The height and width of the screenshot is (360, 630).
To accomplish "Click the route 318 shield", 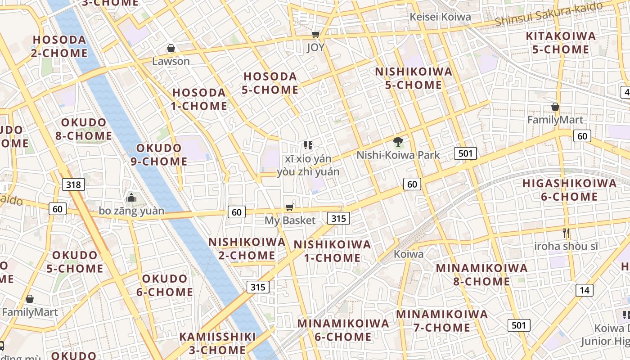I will [x=73, y=184].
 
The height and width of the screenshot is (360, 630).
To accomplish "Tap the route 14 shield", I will [x=584, y=290].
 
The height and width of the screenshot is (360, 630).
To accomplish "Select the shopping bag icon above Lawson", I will [x=171, y=48].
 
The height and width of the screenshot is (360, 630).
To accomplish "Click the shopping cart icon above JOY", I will [x=316, y=35].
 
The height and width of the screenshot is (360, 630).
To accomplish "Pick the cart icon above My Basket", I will [x=290, y=207].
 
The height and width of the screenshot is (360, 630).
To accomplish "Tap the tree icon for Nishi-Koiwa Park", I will [x=398, y=142].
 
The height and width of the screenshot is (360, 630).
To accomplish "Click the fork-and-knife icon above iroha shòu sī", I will [x=566, y=233].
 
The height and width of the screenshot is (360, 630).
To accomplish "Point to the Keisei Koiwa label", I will [x=440, y=17].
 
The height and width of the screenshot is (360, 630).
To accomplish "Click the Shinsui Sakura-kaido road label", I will [x=548, y=14].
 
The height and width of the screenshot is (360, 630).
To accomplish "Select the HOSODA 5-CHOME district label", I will [x=270, y=83].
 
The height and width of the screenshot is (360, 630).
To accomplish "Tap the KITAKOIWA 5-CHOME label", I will [x=561, y=43].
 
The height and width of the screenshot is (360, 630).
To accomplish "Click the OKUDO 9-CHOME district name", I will [x=159, y=154].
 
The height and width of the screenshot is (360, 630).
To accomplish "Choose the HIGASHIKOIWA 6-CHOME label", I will [x=569, y=190].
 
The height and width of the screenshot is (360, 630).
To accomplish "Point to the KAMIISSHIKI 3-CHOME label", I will [x=218, y=343].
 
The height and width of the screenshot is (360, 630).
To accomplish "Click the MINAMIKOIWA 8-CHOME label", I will [x=481, y=275].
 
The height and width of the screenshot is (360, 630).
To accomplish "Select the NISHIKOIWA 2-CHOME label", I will [x=247, y=249].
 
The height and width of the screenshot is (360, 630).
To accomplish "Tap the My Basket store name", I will [x=290, y=220].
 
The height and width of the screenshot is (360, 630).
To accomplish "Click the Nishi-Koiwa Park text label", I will [x=398, y=155].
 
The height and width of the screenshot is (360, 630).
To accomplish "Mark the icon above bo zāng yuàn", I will [x=131, y=198].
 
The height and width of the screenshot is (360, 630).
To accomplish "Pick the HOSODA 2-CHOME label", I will [x=59, y=46].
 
